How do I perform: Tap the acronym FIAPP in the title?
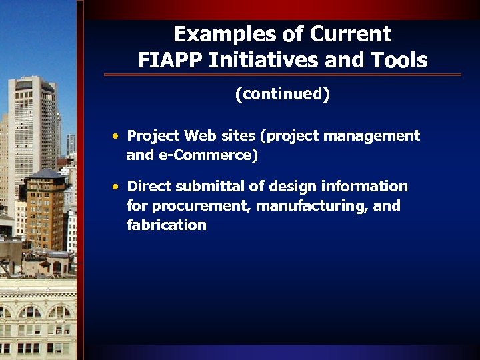(171, 61)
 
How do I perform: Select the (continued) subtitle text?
(282, 95)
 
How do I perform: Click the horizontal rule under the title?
(282, 75)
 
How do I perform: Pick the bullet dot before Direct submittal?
(116, 187)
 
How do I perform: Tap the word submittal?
(205, 186)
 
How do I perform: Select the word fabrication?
(167, 225)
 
